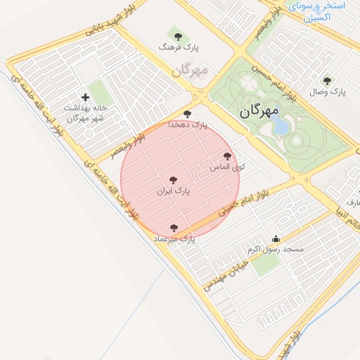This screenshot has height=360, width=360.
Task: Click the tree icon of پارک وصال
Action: (326, 80)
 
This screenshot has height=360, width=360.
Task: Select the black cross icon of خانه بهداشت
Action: (86, 97)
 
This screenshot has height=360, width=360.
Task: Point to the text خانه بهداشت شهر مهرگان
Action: (84, 113)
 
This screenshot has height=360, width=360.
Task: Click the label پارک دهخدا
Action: (188, 124)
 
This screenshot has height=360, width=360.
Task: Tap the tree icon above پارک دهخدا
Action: (186, 113)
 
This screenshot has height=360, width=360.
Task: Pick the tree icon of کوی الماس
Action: (226, 156)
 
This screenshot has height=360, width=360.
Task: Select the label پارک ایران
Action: (173, 191)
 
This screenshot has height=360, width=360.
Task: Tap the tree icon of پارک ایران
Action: (173, 180)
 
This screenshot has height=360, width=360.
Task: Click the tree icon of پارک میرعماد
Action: (174, 228)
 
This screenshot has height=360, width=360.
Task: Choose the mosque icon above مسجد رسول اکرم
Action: (275, 238)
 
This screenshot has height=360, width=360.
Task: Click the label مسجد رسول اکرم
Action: (275, 250)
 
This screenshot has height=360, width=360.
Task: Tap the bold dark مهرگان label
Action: (259, 110)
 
